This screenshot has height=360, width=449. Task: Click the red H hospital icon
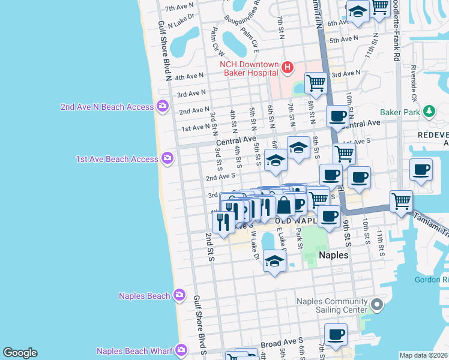[x=287, y=68]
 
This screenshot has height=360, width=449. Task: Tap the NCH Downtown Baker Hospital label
[x=249, y=68]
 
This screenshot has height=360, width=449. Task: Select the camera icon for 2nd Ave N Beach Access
[x=162, y=107]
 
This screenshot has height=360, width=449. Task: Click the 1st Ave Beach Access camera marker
[x=167, y=159]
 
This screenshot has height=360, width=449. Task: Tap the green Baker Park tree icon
[x=429, y=112]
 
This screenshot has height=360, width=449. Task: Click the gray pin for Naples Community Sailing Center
[x=376, y=305]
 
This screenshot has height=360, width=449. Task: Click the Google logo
[x=20, y=353]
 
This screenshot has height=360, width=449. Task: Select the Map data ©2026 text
[x=423, y=355]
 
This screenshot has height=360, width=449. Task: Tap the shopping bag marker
[x=285, y=205]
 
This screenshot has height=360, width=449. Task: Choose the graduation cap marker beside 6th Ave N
[x=358, y=11]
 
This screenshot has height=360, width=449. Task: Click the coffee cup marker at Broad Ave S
[x=336, y=334]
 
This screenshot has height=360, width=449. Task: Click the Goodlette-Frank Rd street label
[x=397, y=30]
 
